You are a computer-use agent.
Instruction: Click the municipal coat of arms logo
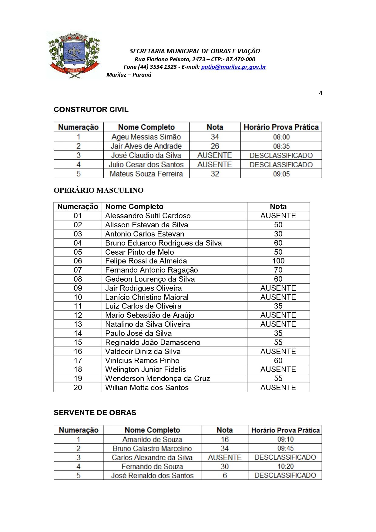(74, 55)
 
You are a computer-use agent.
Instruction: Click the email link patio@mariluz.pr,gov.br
(233, 67)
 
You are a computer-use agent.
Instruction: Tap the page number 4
(321, 93)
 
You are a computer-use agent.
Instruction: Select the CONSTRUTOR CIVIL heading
(91, 109)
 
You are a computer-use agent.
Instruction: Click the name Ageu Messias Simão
(146, 137)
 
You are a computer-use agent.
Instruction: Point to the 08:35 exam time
(281, 146)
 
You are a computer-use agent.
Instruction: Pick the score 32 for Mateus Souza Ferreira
(215, 174)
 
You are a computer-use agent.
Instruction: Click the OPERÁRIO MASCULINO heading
(99, 190)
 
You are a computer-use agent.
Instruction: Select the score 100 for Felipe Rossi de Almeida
(278, 261)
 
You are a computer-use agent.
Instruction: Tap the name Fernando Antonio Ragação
(151, 270)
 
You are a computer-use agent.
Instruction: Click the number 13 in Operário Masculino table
(78, 324)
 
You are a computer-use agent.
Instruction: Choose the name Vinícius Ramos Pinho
(142, 360)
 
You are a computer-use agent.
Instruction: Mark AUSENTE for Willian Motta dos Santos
(278, 388)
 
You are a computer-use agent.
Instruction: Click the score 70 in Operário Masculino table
(278, 270)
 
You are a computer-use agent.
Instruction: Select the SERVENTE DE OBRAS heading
(95, 413)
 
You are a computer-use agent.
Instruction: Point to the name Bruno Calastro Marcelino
(152, 449)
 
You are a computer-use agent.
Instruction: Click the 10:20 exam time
(285, 467)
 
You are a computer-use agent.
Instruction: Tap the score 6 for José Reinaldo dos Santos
(225, 476)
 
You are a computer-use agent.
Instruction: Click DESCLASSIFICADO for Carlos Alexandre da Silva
(285, 457)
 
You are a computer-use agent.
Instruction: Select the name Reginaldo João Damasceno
(153, 343)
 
